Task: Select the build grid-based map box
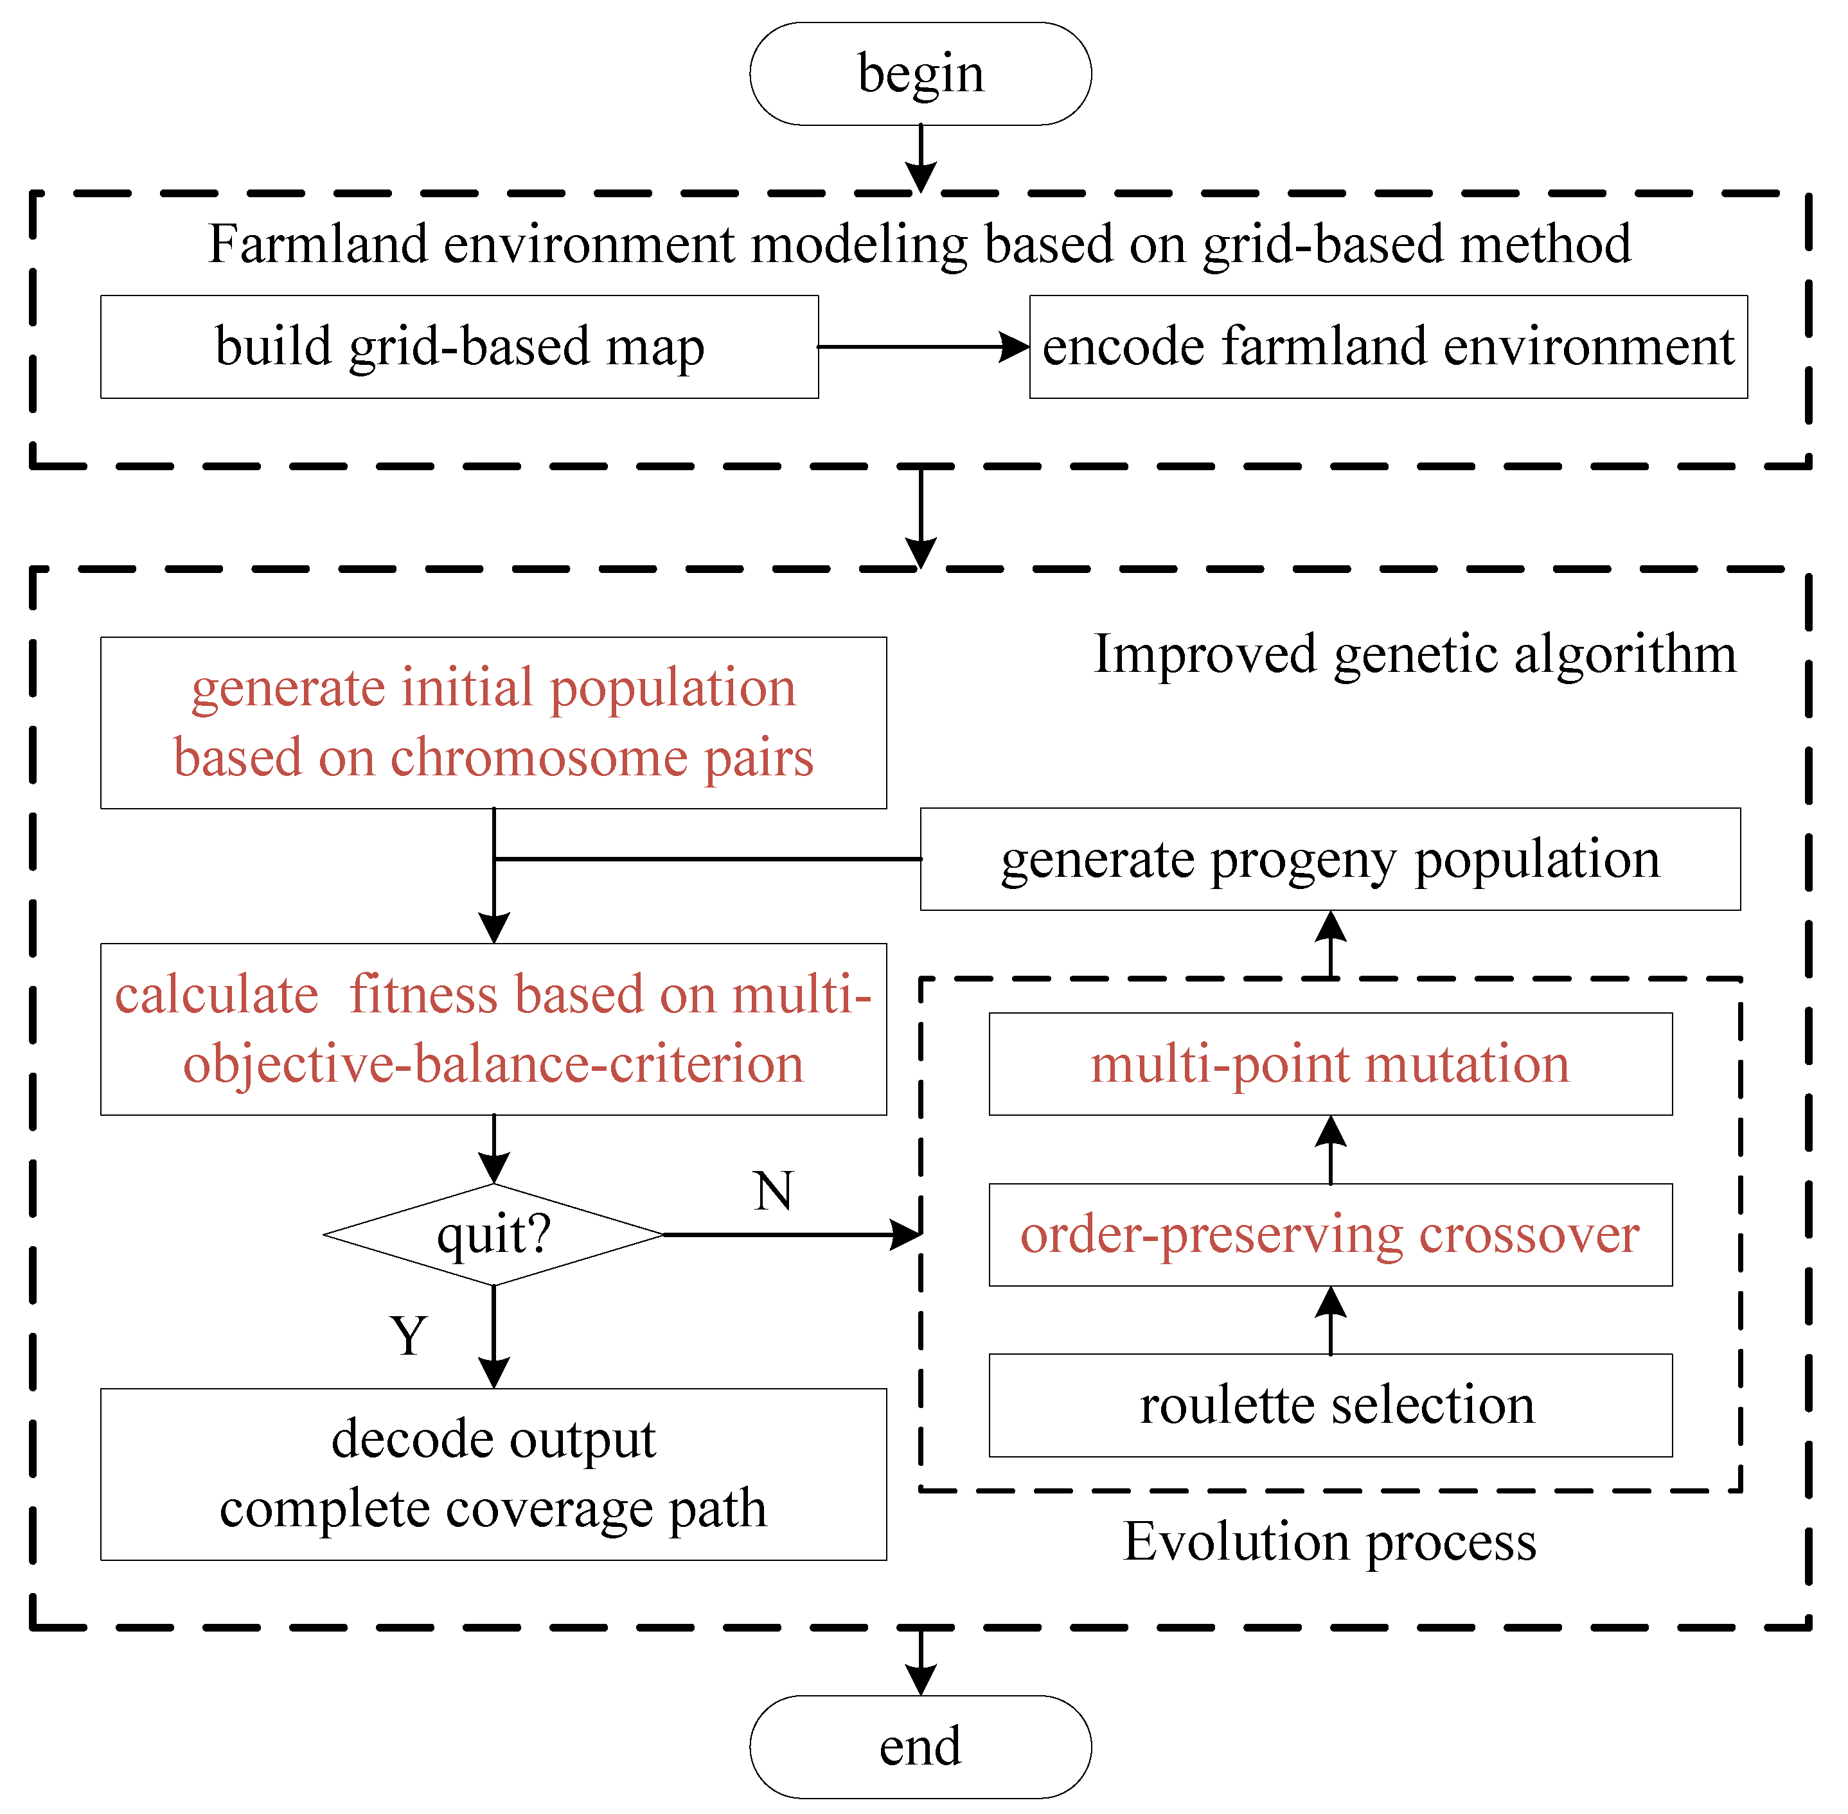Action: point(459,347)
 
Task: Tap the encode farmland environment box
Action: point(1388,347)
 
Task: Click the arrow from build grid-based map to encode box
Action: point(923,347)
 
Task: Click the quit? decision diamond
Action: point(493,1235)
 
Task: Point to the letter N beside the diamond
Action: point(773,1191)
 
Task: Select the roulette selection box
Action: point(1331,1405)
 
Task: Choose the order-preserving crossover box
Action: point(1331,1235)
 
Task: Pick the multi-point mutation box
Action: point(1331,1064)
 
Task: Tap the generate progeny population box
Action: point(1331,859)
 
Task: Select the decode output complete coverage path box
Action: point(493,1474)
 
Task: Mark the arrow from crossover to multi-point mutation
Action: point(1331,1150)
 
